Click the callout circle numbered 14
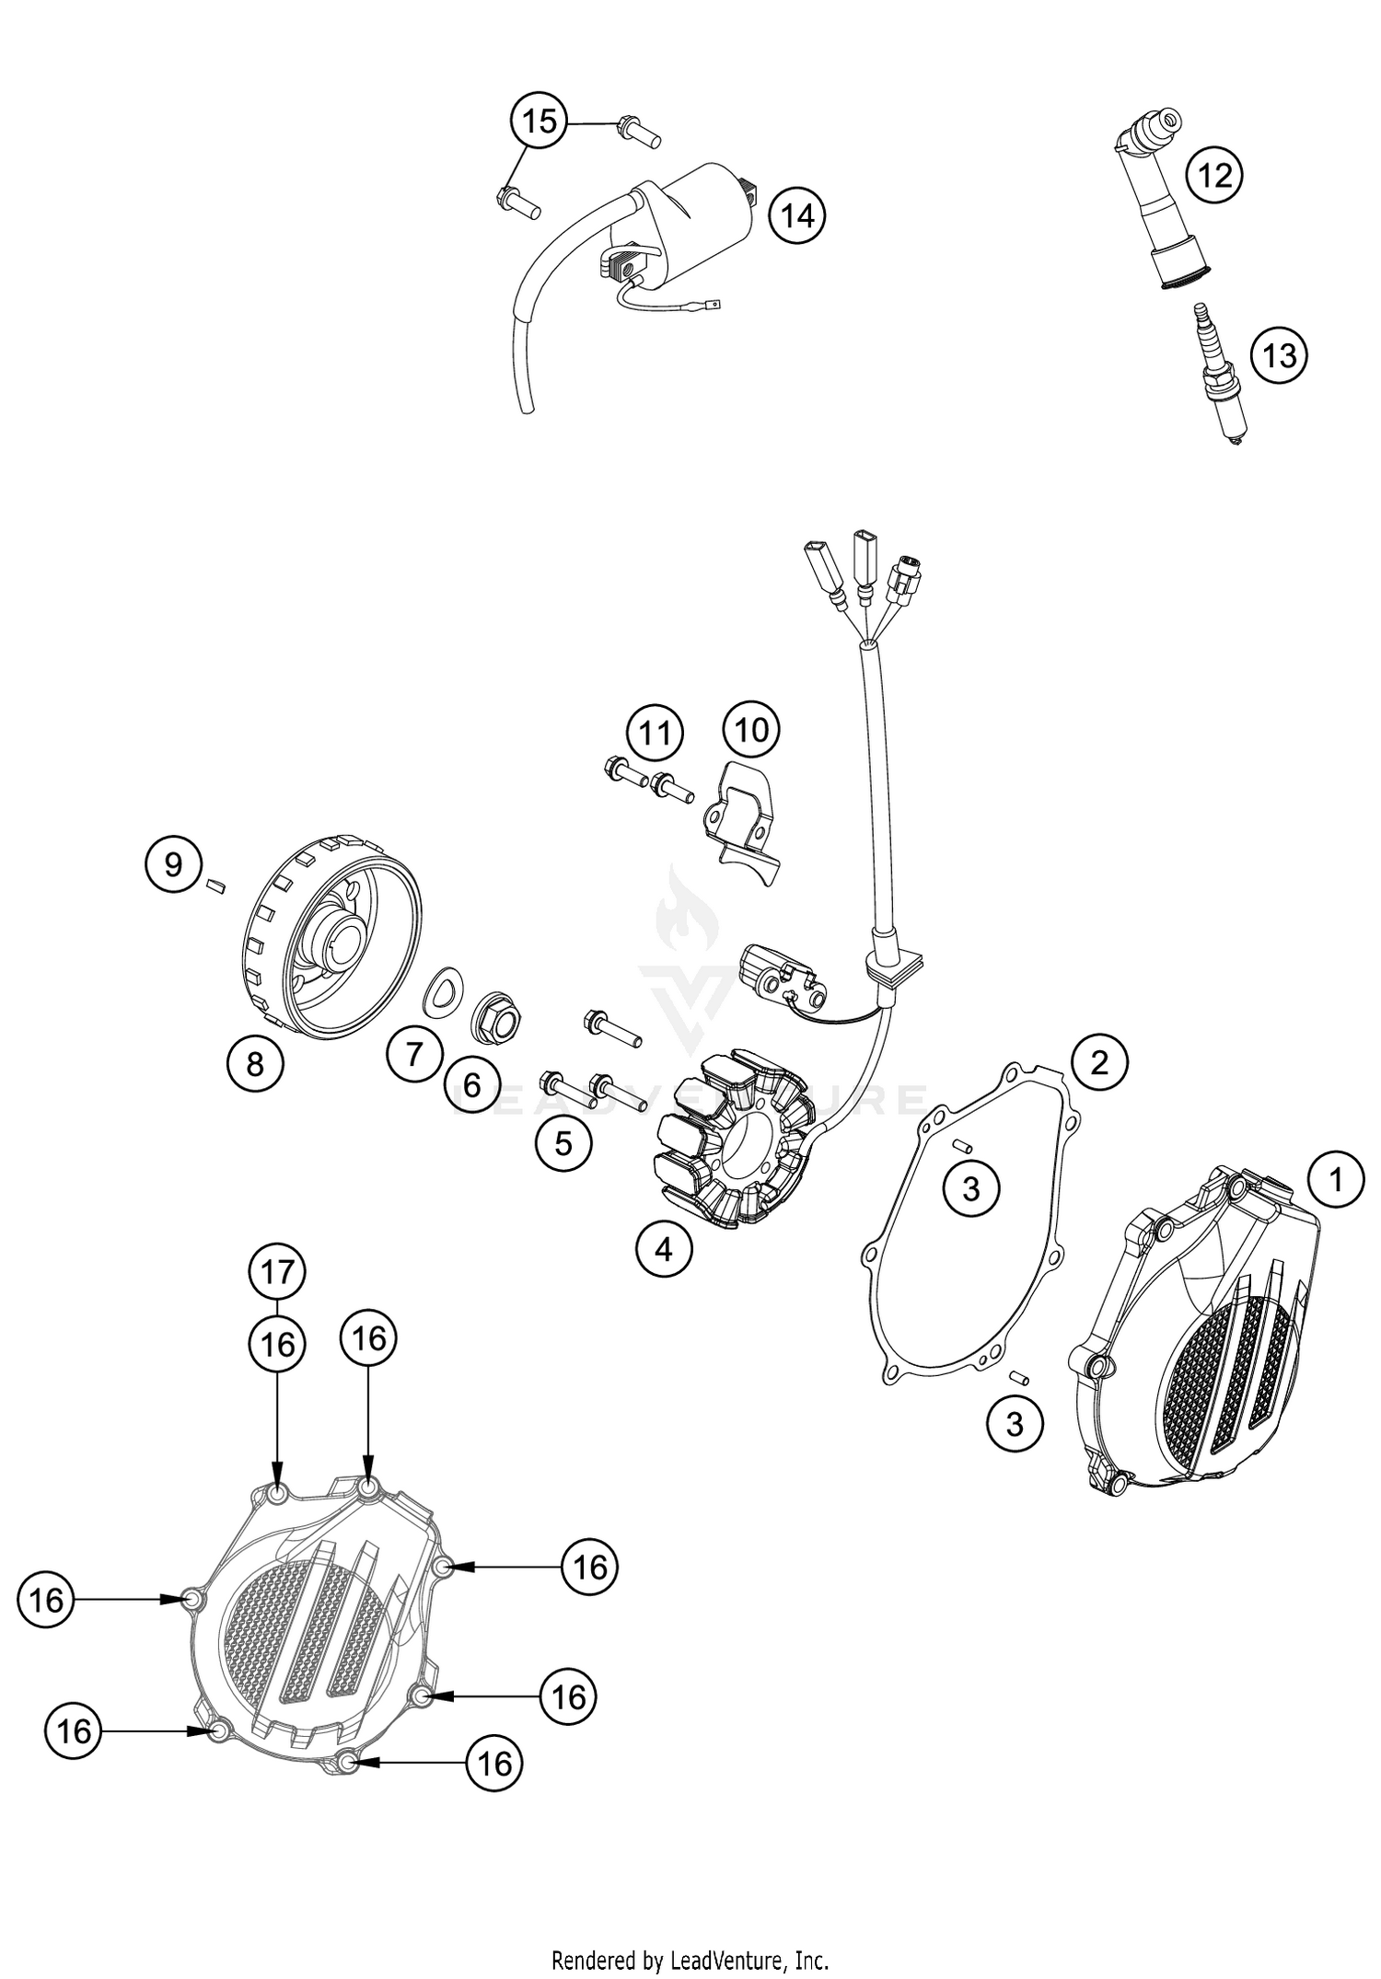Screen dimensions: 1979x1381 797,216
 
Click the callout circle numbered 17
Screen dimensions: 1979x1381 277,1272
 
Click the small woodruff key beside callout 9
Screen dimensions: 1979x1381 216,885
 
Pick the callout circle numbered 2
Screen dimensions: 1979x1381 1098,1062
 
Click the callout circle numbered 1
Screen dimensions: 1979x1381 1335,1179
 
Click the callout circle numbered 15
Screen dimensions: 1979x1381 540,121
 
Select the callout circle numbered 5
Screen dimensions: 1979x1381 563,1143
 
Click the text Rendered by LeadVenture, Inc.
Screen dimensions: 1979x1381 690,1959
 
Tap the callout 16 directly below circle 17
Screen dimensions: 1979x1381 277,1345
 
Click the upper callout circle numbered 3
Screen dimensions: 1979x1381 971,1189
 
